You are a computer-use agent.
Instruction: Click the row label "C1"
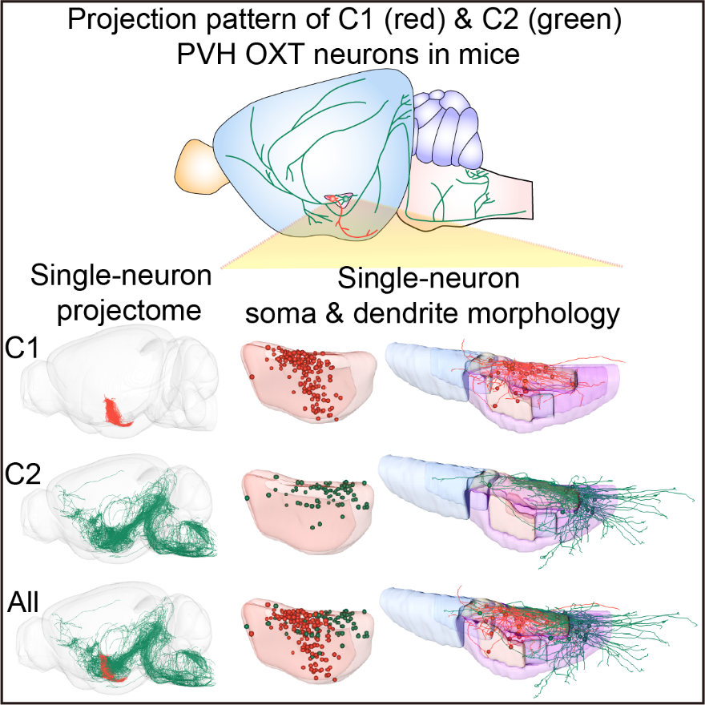pyautogui.click(x=23, y=348)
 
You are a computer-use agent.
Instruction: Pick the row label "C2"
pyautogui.click(x=23, y=474)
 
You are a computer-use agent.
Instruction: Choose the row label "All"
pyautogui.click(x=23, y=602)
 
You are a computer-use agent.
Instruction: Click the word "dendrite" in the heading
pyautogui.click(x=405, y=313)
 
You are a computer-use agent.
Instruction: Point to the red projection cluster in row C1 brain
pyautogui.click(x=116, y=413)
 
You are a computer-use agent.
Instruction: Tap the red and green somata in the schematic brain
pyautogui.click(x=339, y=199)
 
